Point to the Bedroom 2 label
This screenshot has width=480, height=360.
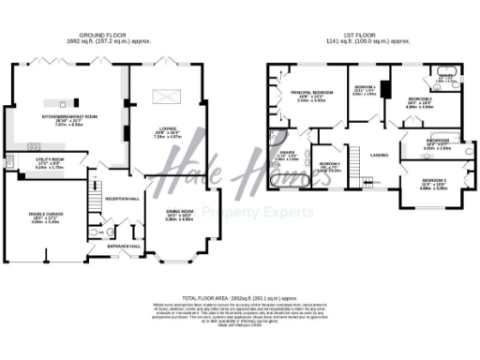pos(418,98)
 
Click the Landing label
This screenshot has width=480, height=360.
pos(379,155)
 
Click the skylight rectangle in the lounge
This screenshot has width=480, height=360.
pos(166,92)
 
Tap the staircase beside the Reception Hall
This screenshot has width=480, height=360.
pos(94,197)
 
